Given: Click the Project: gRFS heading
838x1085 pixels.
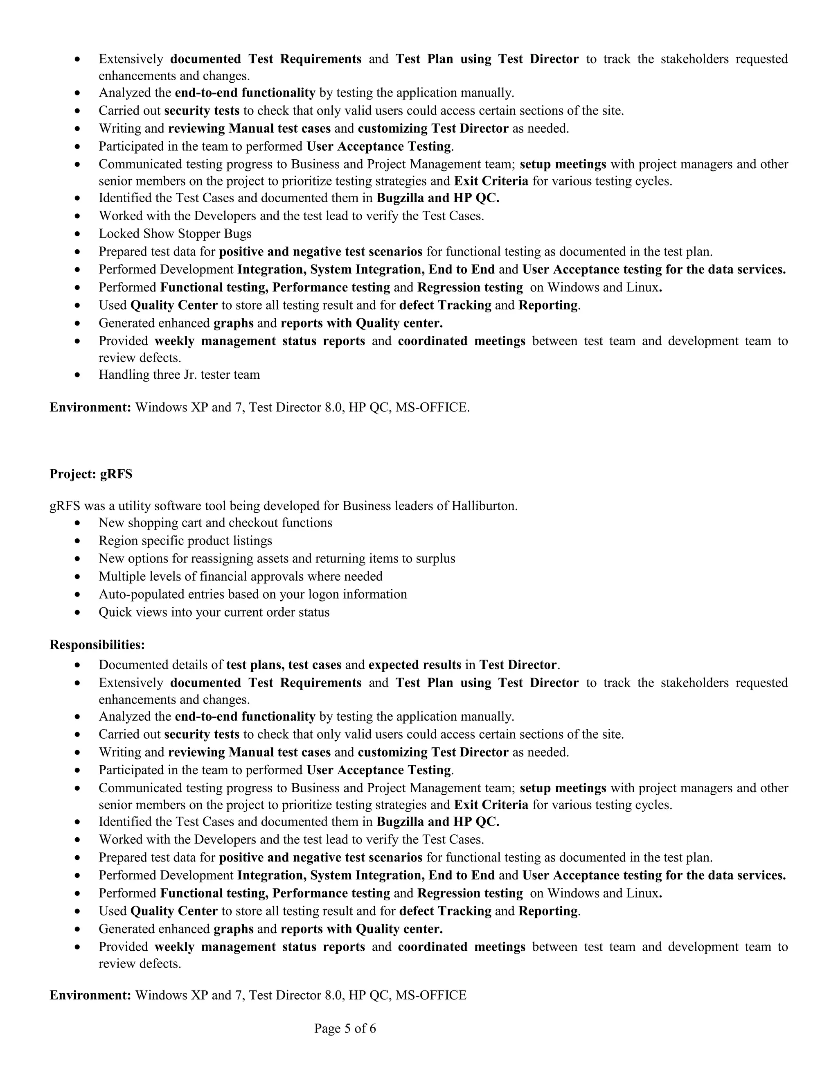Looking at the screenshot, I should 91,474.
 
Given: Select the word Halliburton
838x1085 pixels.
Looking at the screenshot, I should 484,506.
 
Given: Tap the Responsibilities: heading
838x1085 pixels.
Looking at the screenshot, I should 97,644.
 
